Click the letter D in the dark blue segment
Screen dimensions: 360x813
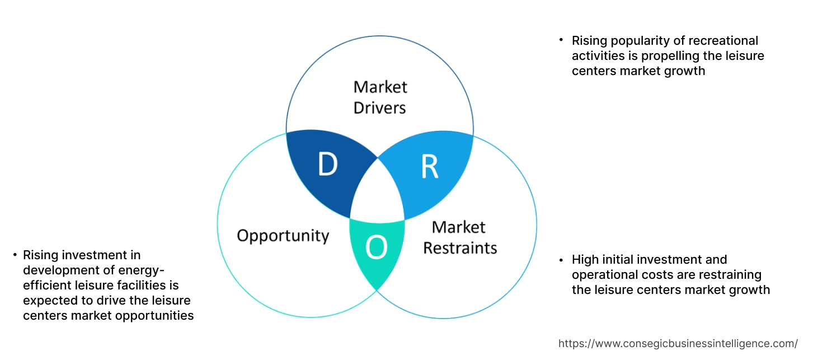(x=327, y=165)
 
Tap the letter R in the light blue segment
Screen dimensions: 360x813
(x=429, y=167)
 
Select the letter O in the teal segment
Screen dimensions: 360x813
(x=377, y=248)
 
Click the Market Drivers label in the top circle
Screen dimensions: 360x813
(x=380, y=97)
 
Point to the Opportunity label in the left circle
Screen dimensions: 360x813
(x=283, y=235)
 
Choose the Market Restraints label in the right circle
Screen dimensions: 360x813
(x=459, y=237)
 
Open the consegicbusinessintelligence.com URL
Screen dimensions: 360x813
(x=678, y=343)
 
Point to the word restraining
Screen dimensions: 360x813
(x=729, y=275)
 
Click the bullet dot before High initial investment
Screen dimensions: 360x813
(x=561, y=260)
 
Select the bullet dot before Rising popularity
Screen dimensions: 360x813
(x=561, y=40)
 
